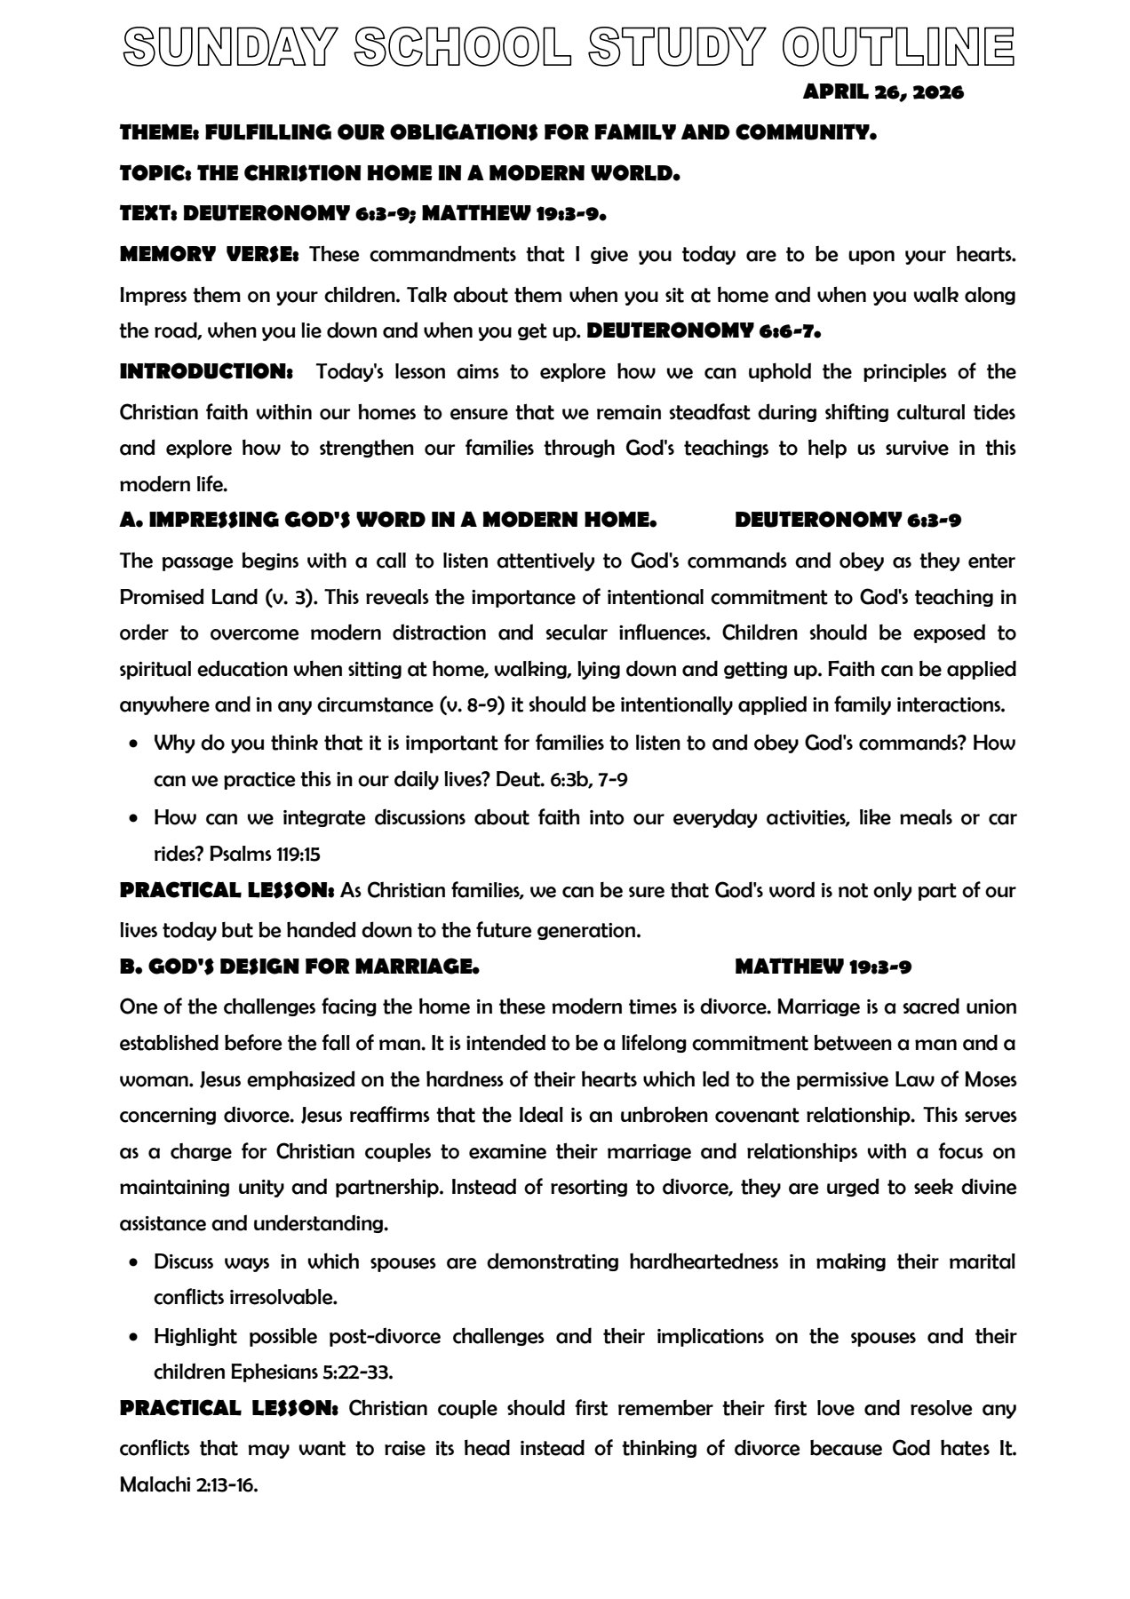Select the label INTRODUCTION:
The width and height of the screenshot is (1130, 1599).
(206, 371)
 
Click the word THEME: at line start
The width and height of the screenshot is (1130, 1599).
(159, 133)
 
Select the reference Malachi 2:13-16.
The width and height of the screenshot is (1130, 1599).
(188, 1484)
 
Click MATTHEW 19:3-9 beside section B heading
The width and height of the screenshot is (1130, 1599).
(823, 967)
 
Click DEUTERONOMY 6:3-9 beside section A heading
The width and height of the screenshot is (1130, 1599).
(847, 521)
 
